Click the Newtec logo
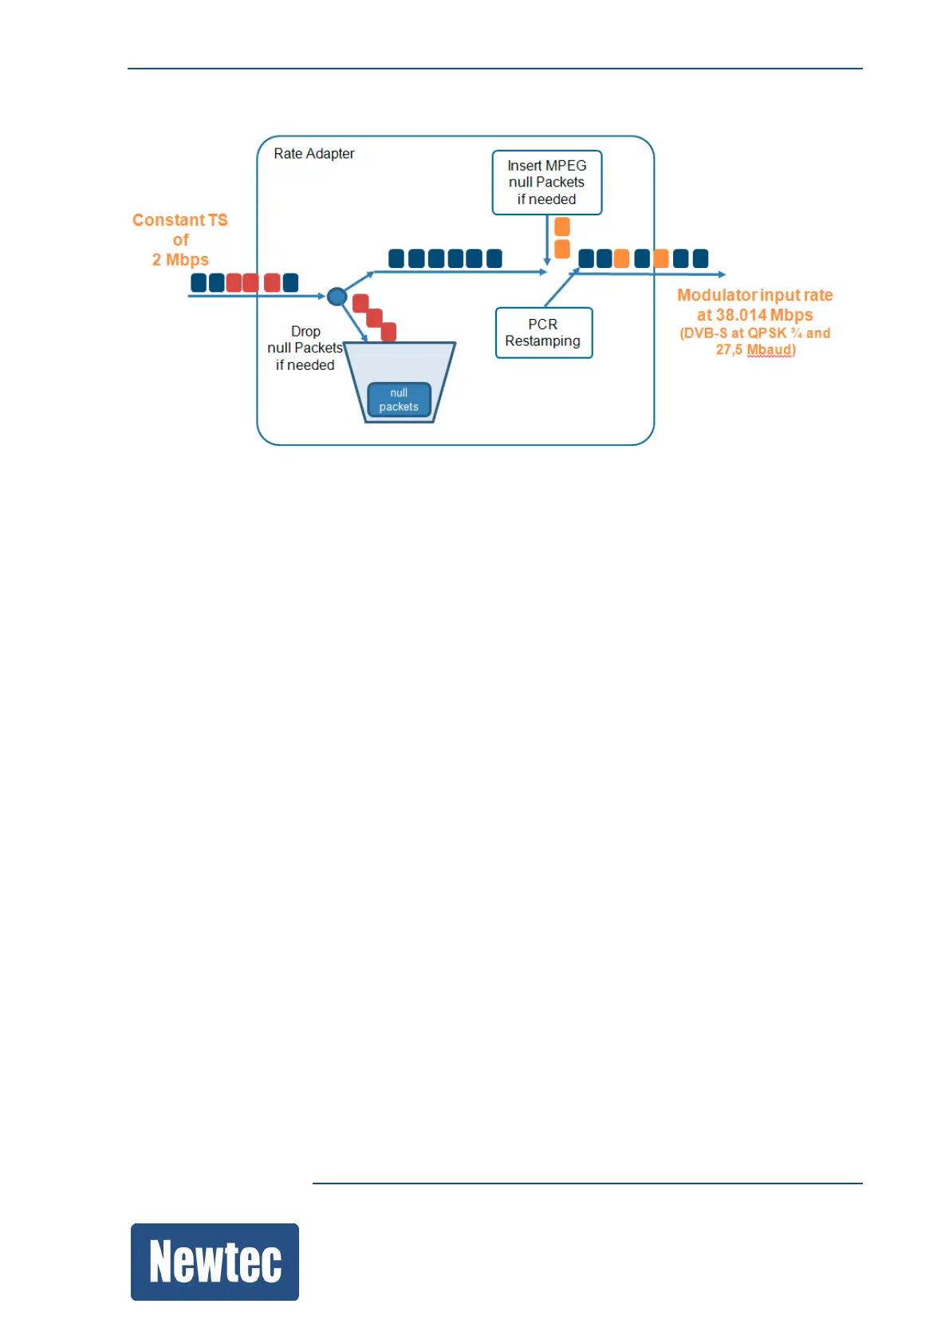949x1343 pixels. pyautogui.click(x=215, y=1261)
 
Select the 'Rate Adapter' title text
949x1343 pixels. pyautogui.click(x=313, y=154)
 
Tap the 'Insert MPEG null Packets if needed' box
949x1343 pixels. pyautogui.click(x=546, y=183)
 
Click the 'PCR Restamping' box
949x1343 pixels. pyautogui.click(x=543, y=333)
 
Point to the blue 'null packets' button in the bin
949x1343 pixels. pyautogui.click(x=399, y=400)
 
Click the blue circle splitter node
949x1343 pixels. pyautogui.click(x=337, y=297)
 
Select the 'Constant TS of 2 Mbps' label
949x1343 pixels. pyautogui.click(x=180, y=239)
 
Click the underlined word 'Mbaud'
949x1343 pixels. pyautogui.click(x=770, y=350)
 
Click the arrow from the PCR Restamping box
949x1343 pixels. pyautogui.click(x=561, y=288)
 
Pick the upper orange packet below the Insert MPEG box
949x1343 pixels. pyautogui.click(x=562, y=226)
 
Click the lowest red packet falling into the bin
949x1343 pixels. pyautogui.click(x=388, y=332)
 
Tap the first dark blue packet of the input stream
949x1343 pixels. pyautogui.click(x=199, y=282)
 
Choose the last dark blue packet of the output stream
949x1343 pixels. pyautogui.click(x=700, y=258)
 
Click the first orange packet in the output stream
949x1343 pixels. pyautogui.click(x=621, y=258)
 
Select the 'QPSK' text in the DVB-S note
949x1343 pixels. pyautogui.click(x=766, y=333)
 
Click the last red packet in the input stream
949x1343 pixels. pyautogui.click(x=272, y=282)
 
